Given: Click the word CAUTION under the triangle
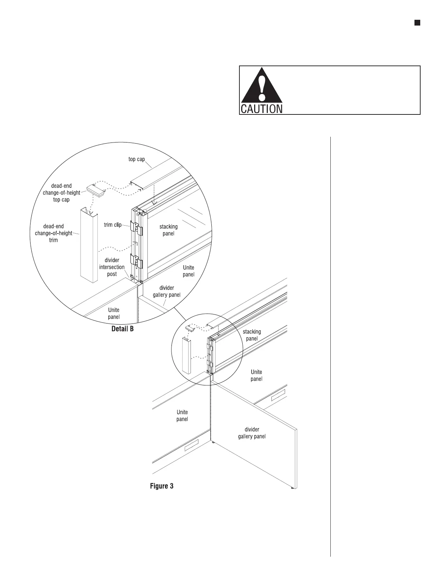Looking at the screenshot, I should [261, 109].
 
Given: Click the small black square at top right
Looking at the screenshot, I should [417, 23].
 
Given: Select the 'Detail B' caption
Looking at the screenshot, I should [123, 329].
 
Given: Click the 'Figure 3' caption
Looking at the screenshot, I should [161, 486].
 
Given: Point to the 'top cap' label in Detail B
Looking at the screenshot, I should [137, 159].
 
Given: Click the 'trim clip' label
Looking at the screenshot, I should [113, 225].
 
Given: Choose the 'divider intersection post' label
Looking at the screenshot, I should [112, 267].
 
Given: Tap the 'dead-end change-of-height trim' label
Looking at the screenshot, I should [54, 233].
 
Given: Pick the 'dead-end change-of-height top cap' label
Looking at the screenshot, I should [61, 193].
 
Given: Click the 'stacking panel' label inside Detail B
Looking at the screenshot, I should [168, 230].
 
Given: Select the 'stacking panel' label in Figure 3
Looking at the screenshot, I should [252, 335].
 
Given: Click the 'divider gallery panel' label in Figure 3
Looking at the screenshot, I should [252, 433].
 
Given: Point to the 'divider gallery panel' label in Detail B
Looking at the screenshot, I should [166, 291].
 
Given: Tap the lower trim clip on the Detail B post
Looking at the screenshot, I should [137, 261].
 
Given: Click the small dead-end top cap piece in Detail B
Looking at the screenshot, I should [96, 190].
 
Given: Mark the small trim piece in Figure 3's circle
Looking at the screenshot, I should [186, 355].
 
